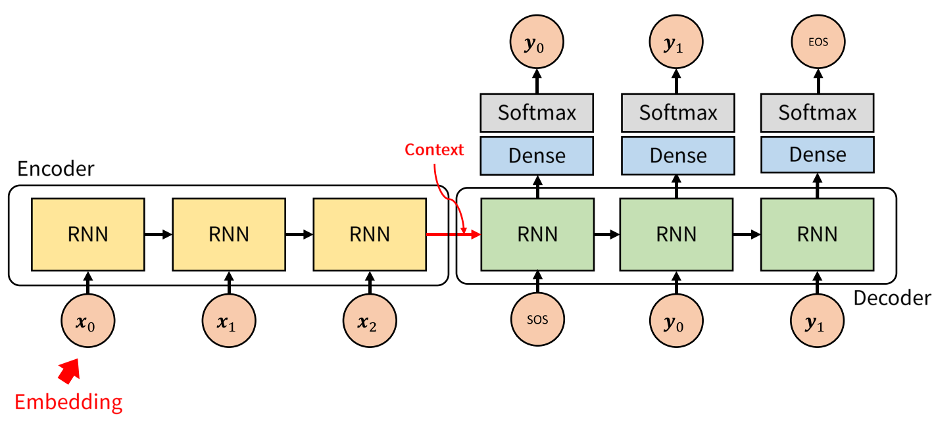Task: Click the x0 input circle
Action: [87, 322]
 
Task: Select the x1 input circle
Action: [229, 322]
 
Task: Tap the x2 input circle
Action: [370, 322]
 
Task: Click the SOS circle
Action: [537, 322]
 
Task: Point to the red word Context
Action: [434, 149]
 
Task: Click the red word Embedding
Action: [68, 401]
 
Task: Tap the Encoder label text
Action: [56, 169]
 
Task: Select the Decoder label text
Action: [892, 298]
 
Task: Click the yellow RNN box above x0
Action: [87, 234]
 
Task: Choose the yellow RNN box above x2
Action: [370, 234]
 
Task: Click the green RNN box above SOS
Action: [537, 234]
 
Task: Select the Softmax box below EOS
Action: [818, 112]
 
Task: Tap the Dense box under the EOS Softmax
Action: [818, 155]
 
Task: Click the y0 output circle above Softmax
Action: [537, 44]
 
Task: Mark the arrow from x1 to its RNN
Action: [229, 283]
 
